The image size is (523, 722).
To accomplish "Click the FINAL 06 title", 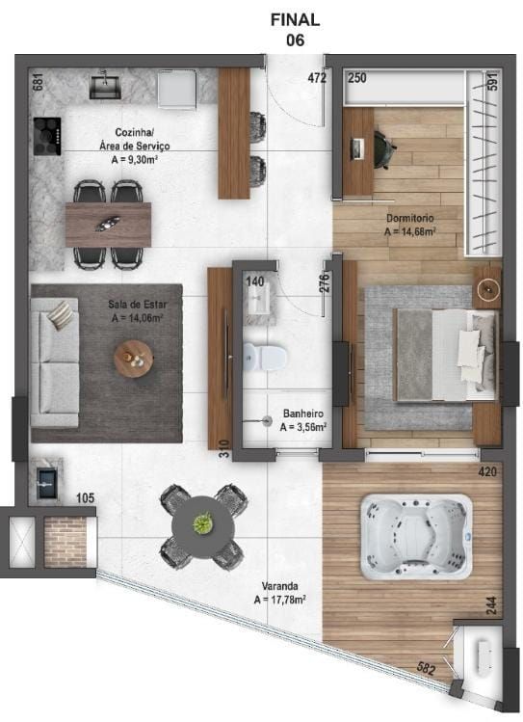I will click(x=296, y=29).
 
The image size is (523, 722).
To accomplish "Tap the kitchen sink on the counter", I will click(x=107, y=87).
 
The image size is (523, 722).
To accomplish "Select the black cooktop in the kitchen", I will click(x=46, y=135).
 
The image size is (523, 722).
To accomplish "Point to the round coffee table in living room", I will click(x=134, y=359).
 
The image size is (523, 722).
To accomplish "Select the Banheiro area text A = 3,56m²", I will click(x=303, y=426).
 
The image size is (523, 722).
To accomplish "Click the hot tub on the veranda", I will click(x=416, y=536).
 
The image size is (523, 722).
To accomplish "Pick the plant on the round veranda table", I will click(x=202, y=523).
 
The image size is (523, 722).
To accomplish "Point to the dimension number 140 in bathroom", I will click(x=254, y=281).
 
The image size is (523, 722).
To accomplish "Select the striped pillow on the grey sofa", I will click(x=61, y=314).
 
